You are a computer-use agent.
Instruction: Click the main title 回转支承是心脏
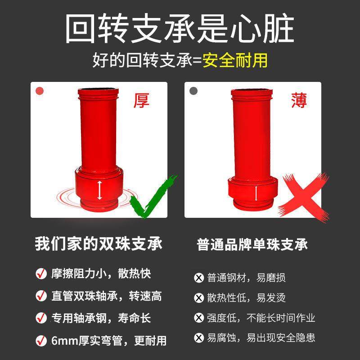[x=180, y=29]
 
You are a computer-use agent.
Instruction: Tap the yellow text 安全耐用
[x=235, y=59]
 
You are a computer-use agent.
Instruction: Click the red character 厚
[x=141, y=100]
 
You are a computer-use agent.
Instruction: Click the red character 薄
[x=298, y=100]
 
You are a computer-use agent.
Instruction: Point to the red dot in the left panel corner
[x=40, y=90]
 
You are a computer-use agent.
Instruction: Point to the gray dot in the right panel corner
[x=194, y=90]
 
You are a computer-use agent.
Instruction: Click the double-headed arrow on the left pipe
[x=100, y=190]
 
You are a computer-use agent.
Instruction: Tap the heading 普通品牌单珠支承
[x=252, y=244]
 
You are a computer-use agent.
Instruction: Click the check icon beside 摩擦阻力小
[x=41, y=274]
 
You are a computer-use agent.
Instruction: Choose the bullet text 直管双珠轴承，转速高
[x=106, y=296]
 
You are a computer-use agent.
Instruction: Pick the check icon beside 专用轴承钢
[x=41, y=318]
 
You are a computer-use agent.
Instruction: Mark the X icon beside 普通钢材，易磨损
[x=198, y=278]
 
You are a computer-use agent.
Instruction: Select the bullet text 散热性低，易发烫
[x=246, y=297]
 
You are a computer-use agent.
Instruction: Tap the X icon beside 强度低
[x=198, y=318]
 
